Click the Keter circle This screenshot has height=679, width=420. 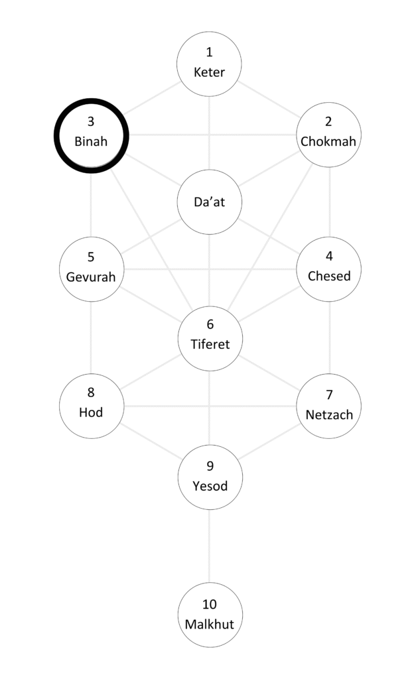coord(209,64)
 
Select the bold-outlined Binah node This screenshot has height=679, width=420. coord(91,135)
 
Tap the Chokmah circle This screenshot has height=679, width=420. coord(328,135)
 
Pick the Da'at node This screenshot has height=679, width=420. coord(210,202)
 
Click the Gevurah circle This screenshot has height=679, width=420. coord(92,269)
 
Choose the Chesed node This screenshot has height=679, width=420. coord(328,269)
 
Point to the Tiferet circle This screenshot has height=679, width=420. coord(210,339)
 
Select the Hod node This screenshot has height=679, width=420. coord(92,406)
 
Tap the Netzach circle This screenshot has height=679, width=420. coord(328,406)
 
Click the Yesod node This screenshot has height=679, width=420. coord(210,477)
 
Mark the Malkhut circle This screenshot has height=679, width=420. coord(210,615)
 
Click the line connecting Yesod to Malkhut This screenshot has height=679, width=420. coord(210,546)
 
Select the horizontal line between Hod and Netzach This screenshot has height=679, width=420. coord(210,406)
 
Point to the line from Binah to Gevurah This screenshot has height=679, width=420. coord(91,206)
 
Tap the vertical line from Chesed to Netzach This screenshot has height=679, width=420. coord(329,338)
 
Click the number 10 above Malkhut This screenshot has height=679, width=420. coord(210,604)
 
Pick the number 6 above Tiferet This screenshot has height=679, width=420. coord(210,324)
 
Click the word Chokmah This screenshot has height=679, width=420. coord(328,141)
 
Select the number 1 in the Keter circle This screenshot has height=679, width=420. coord(210,52)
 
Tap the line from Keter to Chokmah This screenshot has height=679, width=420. coord(269,99)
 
